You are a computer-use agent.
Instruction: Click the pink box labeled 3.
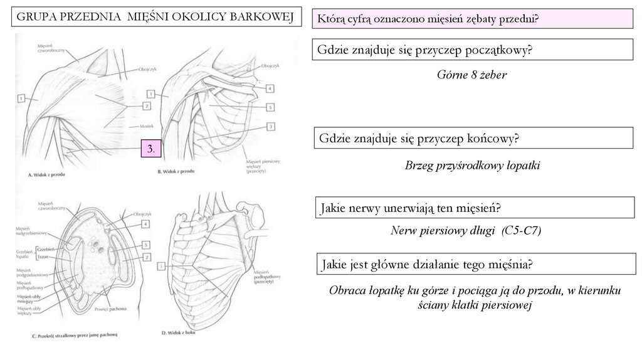(x=151, y=149)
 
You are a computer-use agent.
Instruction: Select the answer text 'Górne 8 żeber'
(x=471, y=75)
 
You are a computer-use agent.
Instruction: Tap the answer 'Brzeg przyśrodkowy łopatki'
(x=472, y=166)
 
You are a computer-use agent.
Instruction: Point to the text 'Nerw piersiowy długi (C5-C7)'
(x=466, y=231)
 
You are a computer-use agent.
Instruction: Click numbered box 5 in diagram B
(x=270, y=107)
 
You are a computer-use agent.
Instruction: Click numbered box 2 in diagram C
(x=145, y=257)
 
